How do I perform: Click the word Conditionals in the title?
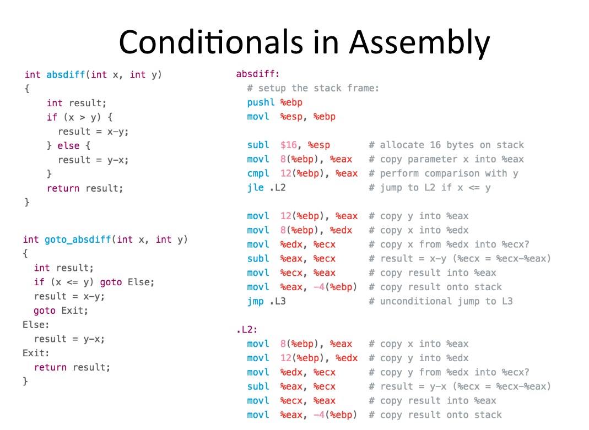pyautogui.click(x=210, y=42)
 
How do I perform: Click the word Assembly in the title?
pyautogui.click(x=420, y=43)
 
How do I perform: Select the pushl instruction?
pyautogui.click(x=261, y=102)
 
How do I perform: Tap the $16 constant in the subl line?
pyautogui.click(x=289, y=145)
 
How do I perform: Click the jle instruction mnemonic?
pyautogui.click(x=256, y=188)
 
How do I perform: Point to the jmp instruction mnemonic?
pyautogui.click(x=256, y=302)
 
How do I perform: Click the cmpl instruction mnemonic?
pyautogui.click(x=258, y=174)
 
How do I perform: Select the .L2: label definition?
pyautogui.click(x=247, y=330)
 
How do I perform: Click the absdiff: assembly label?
pyautogui.click(x=258, y=74)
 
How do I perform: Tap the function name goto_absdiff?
pyautogui.click(x=78, y=240)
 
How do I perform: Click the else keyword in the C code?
pyautogui.click(x=68, y=145)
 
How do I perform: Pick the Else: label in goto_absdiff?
pyautogui.click(x=36, y=325)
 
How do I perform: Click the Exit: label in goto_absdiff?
pyautogui.click(x=36, y=353)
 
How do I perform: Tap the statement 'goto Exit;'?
pyautogui.click(x=61, y=311)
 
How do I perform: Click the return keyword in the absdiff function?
pyautogui.click(x=63, y=188)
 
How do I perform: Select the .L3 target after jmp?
pyautogui.click(x=278, y=302)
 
